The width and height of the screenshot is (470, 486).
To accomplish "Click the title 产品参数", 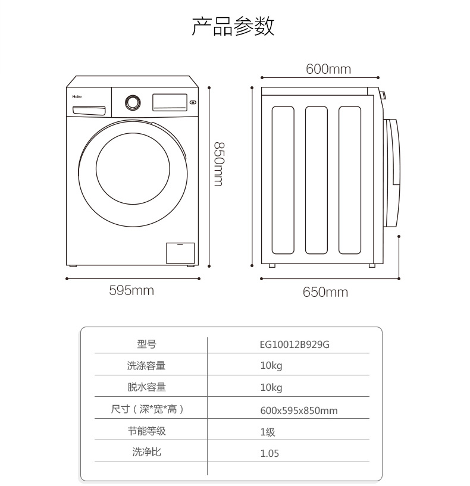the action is pos(233,26).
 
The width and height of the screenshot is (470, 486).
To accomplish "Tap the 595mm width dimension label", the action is pos(131,290).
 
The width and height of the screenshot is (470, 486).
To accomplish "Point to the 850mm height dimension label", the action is pos(219,164).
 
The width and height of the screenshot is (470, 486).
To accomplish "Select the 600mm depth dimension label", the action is pos(328,69).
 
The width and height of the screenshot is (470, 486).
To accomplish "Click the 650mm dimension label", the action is pos(325,292).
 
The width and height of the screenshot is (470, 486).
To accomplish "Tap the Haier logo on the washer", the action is pos(77,97).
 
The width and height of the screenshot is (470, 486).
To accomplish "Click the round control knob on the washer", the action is pos(133,102).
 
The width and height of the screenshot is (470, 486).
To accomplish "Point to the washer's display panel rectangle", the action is pos(170,102).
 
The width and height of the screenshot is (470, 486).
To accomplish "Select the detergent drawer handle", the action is pos(89,111).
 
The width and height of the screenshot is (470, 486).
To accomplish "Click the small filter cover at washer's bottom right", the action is pos(180,253).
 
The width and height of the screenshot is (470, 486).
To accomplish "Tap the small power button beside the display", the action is pos(193,102).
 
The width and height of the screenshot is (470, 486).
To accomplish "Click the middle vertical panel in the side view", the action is pos(317,180).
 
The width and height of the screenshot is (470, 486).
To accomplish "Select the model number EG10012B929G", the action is pos(294,344).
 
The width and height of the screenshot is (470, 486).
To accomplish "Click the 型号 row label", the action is pos(146,344).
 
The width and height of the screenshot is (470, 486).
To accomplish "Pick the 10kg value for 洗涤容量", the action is pos(271,366).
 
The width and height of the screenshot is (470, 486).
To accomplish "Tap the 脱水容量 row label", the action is pos(146,387).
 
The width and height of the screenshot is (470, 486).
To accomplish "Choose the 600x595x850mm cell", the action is pos(299,410).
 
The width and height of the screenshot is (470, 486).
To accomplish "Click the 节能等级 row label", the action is pos(146,431).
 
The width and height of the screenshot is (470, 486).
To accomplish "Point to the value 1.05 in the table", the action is pos(270,453).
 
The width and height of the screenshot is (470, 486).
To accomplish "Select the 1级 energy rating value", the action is pos(268,432).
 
